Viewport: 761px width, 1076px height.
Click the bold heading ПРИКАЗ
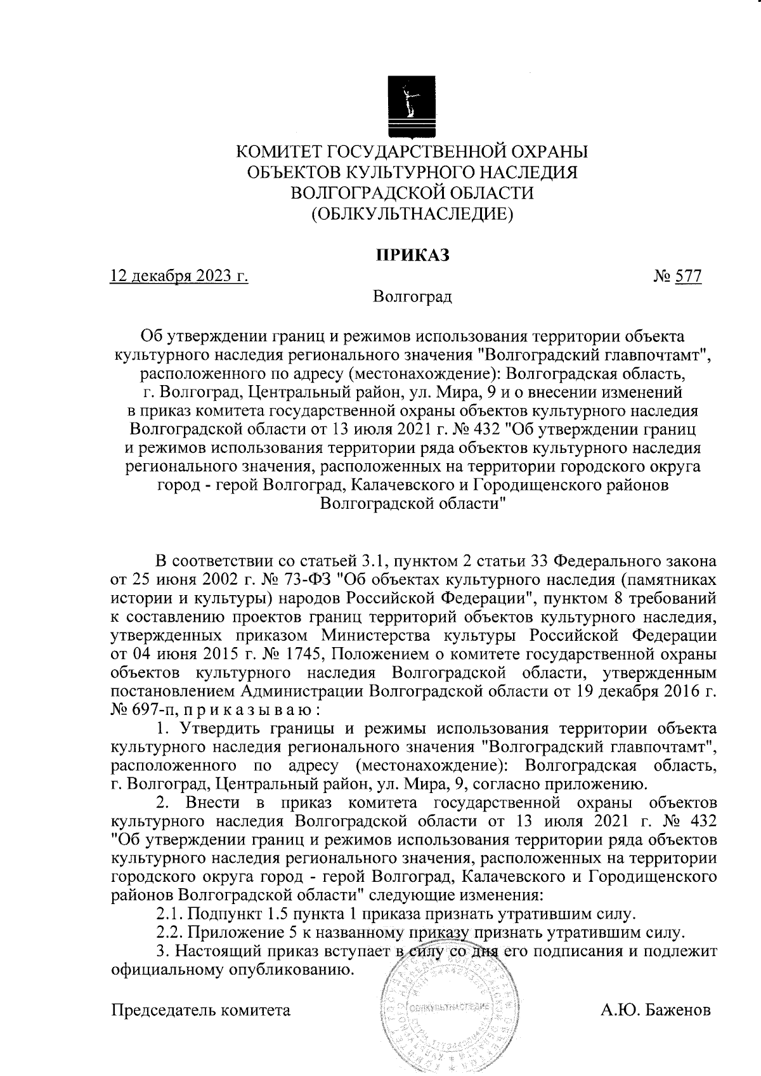(x=412, y=255)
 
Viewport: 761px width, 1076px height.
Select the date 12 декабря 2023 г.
(x=179, y=277)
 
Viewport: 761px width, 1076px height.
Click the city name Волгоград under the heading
(x=412, y=296)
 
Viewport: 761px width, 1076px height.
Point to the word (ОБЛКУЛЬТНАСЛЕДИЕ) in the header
(x=412, y=214)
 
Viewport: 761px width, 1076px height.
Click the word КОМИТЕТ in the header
(x=277, y=152)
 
